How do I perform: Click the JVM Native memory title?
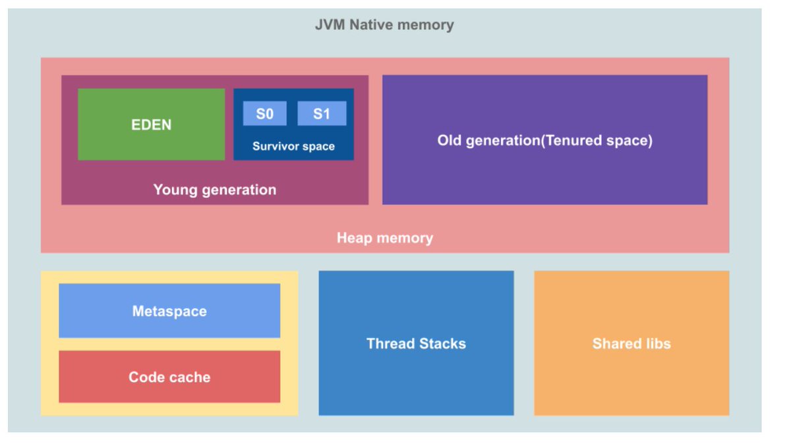click(x=384, y=25)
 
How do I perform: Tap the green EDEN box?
click(x=151, y=125)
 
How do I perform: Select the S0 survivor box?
click(x=265, y=113)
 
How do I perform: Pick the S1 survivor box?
click(x=322, y=113)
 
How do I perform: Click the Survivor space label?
click(x=293, y=146)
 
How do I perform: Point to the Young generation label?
click(x=215, y=190)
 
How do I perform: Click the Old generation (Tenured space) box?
click(x=544, y=140)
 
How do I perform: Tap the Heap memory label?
click(x=384, y=238)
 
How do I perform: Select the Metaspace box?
click(x=169, y=311)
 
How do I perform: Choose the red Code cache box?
click(x=169, y=376)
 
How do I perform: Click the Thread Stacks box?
click(x=416, y=343)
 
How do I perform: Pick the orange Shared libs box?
click(x=631, y=343)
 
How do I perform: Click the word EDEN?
click(x=151, y=125)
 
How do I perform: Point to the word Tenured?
click(x=571, y=140)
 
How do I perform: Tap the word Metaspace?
click(x=169, y=311)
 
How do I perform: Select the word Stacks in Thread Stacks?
click(x=442, y=344)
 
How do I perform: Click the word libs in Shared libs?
click(x=658, y=344)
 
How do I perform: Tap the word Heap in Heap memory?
click(x=354, y=238)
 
